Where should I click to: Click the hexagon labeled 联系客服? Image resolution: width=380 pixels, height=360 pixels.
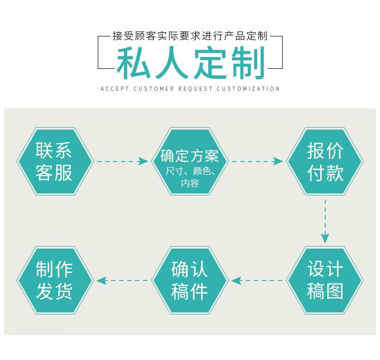[55, 161]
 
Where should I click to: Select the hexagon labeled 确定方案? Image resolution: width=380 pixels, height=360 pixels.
[190, 161]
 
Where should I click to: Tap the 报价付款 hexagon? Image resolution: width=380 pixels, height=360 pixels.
[325, 161]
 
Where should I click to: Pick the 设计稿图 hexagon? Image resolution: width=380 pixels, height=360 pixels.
[325, 281]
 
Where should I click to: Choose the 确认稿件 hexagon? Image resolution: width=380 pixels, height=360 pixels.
[190, 281]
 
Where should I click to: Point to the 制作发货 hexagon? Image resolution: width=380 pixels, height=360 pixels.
[55, 281]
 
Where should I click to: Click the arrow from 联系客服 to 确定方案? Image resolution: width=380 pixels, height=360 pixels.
[123, 161]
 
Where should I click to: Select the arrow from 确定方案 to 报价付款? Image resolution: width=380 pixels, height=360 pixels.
[257, 161]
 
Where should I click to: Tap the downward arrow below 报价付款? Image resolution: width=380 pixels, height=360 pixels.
[325, 221]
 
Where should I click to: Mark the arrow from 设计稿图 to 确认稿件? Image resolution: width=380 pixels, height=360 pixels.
[257, 281]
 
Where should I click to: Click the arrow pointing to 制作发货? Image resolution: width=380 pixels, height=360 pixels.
[123, 281]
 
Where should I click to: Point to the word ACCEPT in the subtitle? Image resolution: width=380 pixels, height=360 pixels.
[115, 89]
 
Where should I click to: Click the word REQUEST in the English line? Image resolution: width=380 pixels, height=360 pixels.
[196, 89]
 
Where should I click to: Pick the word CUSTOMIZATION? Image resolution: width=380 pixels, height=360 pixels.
[248, 89]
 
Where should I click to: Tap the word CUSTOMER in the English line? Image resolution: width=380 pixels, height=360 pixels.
[154, 89]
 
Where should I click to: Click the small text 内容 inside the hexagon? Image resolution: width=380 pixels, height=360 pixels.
[190, 183]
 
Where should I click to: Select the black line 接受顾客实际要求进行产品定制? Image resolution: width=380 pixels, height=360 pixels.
[190, 36]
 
